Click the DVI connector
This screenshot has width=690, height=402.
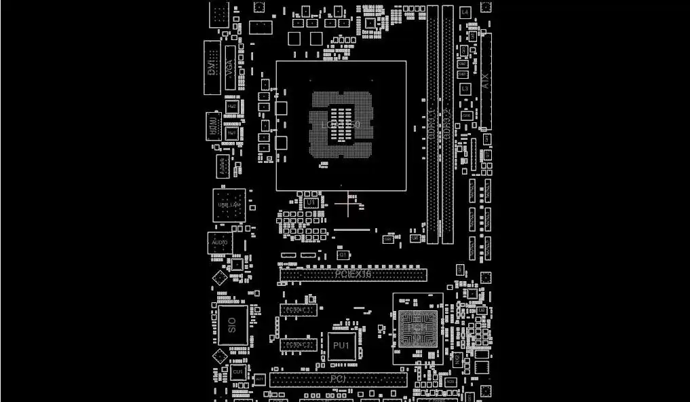[212, 67]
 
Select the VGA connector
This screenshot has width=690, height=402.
[230, 68]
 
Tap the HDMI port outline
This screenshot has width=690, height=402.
[214, 127]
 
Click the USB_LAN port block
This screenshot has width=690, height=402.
[229, 204]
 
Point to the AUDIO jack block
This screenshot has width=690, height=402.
[220, 242]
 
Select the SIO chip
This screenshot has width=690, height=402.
[233, 325]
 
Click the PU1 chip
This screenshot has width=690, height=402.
[341, 346]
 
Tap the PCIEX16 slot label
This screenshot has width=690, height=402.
[353, 274]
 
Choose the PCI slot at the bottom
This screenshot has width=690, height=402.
[338, 379]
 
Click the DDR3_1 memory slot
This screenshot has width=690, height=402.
[432, 124]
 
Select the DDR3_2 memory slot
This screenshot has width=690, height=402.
[448, 124]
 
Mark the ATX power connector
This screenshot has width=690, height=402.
[486, 81]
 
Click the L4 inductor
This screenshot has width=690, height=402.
[465, 12]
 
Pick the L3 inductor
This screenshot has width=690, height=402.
[465, 89]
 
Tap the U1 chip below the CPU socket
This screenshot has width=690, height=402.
[311, 202]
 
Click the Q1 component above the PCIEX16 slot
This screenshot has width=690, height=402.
[343, 255]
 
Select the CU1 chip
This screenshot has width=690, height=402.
[238, 373]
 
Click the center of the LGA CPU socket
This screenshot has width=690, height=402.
[341, 126]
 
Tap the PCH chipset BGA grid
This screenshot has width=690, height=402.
[416, 329]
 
